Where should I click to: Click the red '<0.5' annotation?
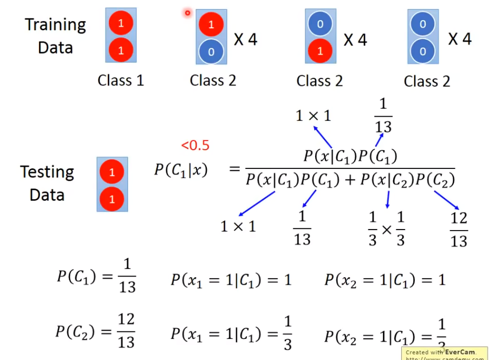(195, 145)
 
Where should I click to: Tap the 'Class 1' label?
(121, 81)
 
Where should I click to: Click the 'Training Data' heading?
(55, 36)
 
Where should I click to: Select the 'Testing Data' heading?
(47, 183)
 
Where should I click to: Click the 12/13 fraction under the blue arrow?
(459, 230)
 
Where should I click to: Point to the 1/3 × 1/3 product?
(387, 229)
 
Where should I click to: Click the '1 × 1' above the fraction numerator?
(313, 115)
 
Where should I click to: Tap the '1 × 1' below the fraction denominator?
(238, 226)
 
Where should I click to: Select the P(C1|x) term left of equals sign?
(180, 169)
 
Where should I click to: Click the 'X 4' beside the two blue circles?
(460, 39)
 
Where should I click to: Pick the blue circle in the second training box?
(211, 52)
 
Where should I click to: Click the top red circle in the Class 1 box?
(121, 23)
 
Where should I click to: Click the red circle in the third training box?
(320, 52)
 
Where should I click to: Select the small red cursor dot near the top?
(187, 12)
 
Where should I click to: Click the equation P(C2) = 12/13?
(96, 330)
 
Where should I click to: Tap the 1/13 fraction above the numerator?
(383, 115)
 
